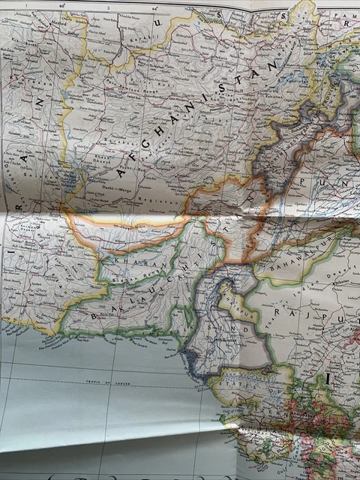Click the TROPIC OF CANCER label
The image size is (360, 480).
[x=104, y=382]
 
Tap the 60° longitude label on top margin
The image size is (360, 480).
[x=63, y=8]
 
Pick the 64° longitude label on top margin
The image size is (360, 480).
[x=154, y=10]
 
